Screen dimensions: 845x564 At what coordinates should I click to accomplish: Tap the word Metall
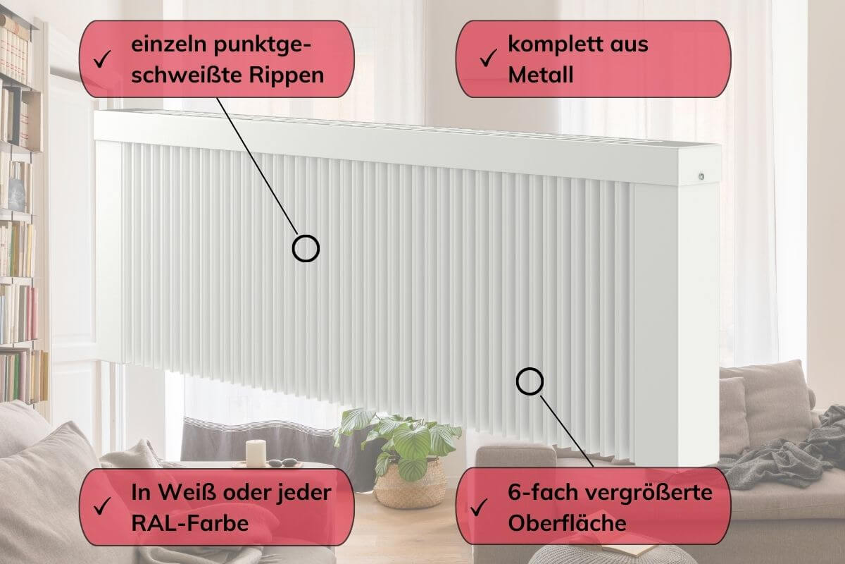pyautogui.click(x=541, y=75)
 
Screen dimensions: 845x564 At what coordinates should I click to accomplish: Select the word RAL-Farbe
pyautogui.click(x=189, y=523)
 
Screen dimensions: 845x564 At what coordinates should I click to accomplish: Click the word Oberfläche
pyautogui.click(x=567, y=523)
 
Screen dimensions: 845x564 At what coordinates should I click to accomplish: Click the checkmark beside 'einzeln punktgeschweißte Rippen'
pyautogui.click(x=102, y=59)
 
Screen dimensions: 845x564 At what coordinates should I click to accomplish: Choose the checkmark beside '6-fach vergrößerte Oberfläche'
pyautogui.click(x=479, y=507)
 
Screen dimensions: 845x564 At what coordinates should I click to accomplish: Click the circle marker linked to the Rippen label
pyautogui.click(x=306, y=248)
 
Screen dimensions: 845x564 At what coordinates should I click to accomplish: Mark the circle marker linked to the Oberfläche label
pyautogui.click(x=530, y=381)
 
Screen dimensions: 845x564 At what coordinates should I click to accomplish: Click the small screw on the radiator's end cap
pyautogui.click(x=701, y=176)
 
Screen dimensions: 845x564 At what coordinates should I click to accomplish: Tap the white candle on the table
pyautogui.click(x=256, y=453)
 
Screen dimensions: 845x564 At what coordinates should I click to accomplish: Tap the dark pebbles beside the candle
pyautogui.click(x=283, y=462)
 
